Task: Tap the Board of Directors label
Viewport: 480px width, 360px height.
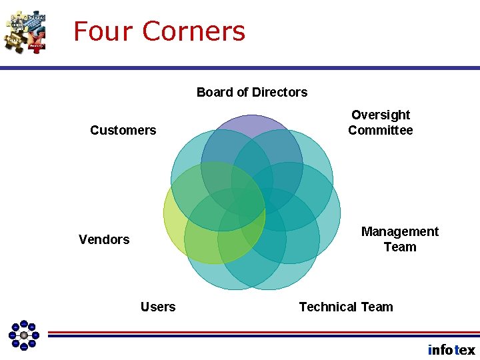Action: pos(252,92)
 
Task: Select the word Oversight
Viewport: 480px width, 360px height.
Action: pos(381,115)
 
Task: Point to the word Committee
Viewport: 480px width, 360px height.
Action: pos(381,131)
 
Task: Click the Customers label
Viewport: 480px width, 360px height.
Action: pos(123,130)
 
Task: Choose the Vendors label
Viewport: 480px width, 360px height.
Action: pos(104,239)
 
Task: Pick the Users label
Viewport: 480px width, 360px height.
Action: pos(158,307)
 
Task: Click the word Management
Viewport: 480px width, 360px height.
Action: pos(400,231)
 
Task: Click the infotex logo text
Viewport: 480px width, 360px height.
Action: pos(451,350)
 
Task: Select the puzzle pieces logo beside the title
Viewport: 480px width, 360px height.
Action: pos(25,31)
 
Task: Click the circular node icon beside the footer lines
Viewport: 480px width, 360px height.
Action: pos(23,335)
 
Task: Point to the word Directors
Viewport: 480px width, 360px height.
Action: pos(279,92)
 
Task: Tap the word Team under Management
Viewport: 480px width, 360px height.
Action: pos(400,247)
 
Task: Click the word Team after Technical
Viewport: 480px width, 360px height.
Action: pos(377,307)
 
